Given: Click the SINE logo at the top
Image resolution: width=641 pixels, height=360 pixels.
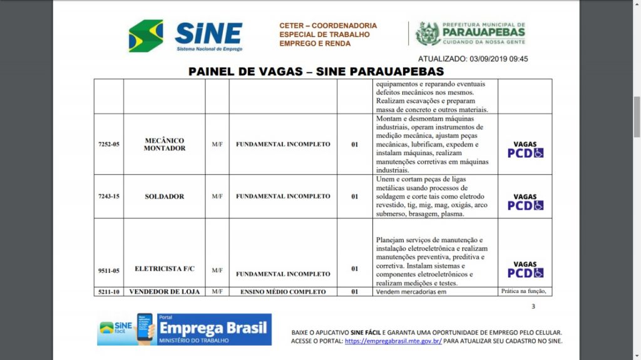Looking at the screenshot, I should [186, 35].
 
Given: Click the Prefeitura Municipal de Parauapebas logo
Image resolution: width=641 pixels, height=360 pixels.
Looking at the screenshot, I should [470, 33].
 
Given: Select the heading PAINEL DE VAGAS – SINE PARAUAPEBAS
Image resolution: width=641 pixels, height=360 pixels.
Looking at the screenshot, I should [316, 71].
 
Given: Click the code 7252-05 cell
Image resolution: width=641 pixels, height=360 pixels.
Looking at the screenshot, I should [108, 144].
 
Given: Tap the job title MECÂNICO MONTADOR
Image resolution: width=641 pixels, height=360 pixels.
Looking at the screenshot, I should [165, 144].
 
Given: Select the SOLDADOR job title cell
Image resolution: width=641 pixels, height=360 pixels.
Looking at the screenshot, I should [165, 196].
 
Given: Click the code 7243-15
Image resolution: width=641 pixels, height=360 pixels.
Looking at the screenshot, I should [108, 196].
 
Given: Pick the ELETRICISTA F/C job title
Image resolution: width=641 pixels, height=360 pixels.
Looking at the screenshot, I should [165, 269].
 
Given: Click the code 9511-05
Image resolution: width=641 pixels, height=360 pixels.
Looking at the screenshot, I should [108, 270].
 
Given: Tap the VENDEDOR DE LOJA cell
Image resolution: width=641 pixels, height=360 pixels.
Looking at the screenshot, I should [165, 292].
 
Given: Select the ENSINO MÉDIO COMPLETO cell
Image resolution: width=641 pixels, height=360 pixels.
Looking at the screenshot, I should [283, 292].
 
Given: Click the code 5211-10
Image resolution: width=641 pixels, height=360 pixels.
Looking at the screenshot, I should [108, 292].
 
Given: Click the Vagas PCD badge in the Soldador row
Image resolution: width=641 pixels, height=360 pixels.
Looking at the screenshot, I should [525, 202].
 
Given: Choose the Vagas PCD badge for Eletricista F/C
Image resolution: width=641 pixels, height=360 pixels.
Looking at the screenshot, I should [525, 269].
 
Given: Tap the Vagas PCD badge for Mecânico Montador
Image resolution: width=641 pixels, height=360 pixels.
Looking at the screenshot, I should [525, 149].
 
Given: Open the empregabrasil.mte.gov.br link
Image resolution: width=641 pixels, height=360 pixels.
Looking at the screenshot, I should [393, 341].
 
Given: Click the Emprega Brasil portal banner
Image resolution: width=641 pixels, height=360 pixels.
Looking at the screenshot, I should [184, 329].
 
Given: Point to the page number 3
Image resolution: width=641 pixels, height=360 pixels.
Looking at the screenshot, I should [533, 306].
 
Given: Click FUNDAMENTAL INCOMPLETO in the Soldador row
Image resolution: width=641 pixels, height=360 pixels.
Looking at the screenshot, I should [283, 196].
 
